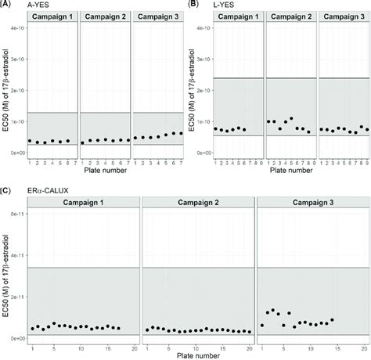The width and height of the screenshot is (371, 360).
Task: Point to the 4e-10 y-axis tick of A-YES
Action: pos(15,27)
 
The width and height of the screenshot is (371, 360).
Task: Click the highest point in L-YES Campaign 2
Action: pos(291,118)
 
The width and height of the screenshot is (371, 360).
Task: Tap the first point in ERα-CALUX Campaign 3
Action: pos(262,325)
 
